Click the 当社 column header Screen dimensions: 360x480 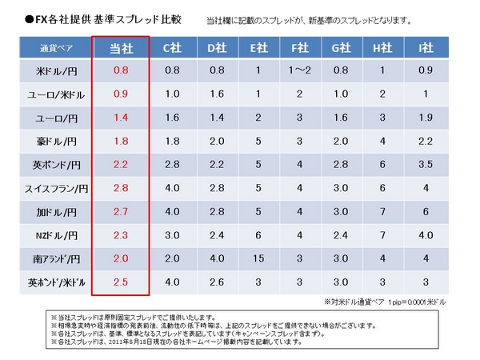(121, 48)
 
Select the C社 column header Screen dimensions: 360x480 (171, 48)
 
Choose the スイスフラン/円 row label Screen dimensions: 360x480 (54, 189)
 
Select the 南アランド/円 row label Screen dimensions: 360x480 (54, 259)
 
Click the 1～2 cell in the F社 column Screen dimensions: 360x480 (298, 70)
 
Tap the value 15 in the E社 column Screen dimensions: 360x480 (257, 259)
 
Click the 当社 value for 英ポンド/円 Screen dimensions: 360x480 (121, 165)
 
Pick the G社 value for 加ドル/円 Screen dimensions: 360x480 (341, 212)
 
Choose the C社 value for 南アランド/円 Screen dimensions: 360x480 (171, 259)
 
